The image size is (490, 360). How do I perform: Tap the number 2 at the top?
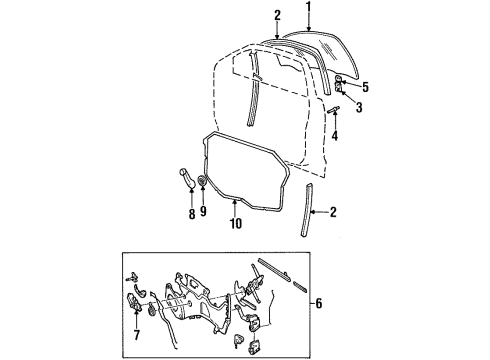(276, 14)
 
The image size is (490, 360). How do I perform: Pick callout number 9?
(203, 212)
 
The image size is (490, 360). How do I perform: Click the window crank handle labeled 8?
(189, 184)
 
